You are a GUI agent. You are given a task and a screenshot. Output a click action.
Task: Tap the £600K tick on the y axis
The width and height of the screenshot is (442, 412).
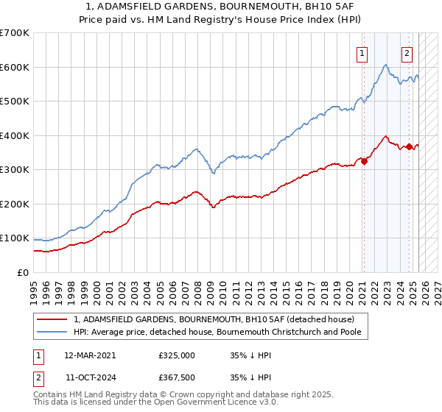tap(15, 67)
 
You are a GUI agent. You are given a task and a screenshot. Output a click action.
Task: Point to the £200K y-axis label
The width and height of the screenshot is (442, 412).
tap(15, 204)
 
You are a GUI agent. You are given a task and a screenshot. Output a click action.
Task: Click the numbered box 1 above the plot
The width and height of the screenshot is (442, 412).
tap(363, 53)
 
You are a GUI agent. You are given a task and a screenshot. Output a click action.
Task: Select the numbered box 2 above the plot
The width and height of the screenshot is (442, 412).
tap(407, 53)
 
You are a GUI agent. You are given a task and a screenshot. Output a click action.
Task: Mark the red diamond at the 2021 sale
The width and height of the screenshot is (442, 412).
tap(364, 162)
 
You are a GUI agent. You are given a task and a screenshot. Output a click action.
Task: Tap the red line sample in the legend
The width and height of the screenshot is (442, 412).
tap(52, 319)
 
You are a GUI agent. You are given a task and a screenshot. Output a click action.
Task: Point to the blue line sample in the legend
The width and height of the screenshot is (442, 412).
tap(52, 332)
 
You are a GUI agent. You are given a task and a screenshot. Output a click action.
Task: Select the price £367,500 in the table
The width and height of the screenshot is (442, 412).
tap(177, 377)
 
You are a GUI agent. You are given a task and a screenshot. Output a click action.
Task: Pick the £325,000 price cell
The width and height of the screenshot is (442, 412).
tap(177, 355)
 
